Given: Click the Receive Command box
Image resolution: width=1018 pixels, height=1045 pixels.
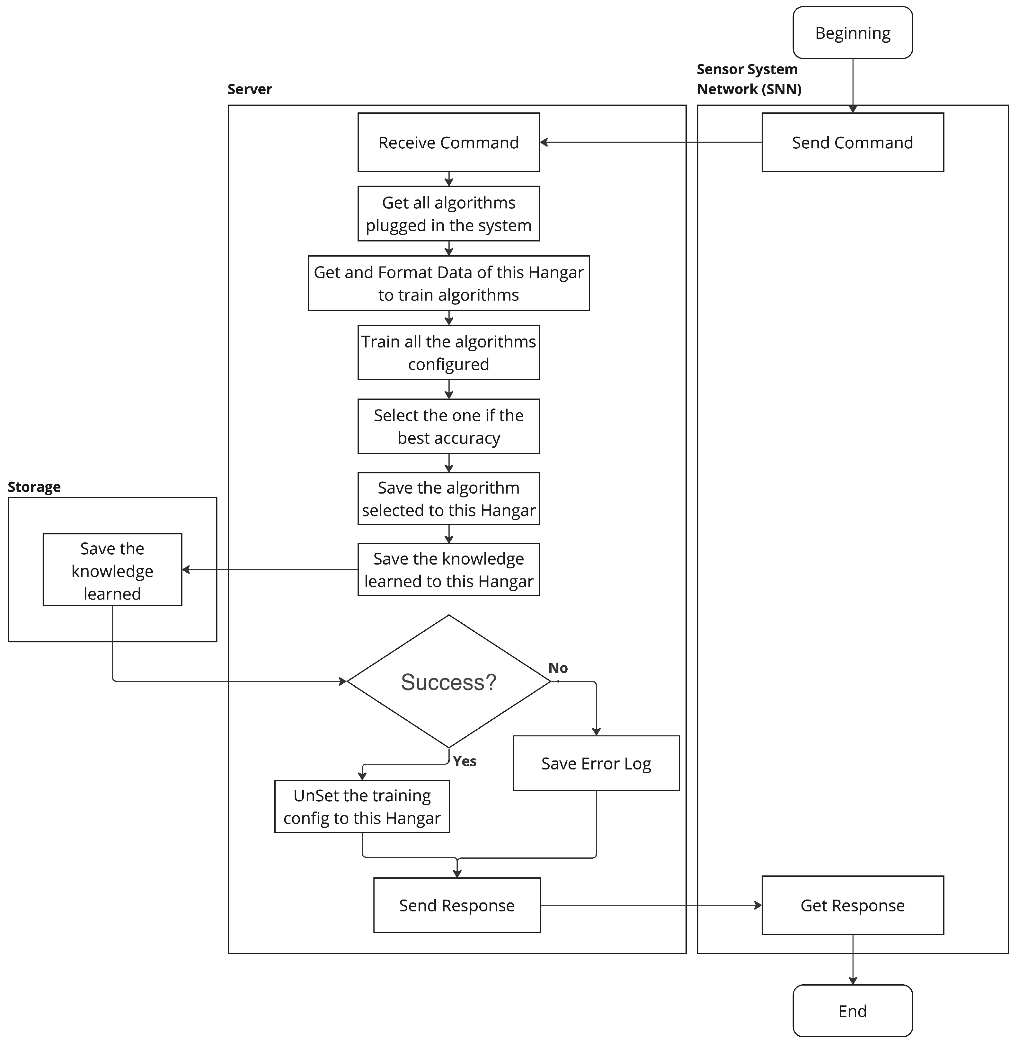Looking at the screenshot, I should click(448, 142).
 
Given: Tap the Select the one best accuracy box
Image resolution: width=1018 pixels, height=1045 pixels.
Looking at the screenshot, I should click(448, 426).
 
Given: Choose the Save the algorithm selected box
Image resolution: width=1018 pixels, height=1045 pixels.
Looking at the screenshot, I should click(448, 499).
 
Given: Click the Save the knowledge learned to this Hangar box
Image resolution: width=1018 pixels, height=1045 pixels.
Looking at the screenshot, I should click(448, 570).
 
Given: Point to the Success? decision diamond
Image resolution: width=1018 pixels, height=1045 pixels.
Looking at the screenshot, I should click(448, 681).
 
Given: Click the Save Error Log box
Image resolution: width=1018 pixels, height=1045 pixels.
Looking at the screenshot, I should click(596, 763).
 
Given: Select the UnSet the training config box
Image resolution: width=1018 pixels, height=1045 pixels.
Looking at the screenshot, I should click(362, 807).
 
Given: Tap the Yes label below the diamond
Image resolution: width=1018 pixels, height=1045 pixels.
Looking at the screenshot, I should click(464, 761).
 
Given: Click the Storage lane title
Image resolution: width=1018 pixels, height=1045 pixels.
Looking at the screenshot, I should click(34, 487).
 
